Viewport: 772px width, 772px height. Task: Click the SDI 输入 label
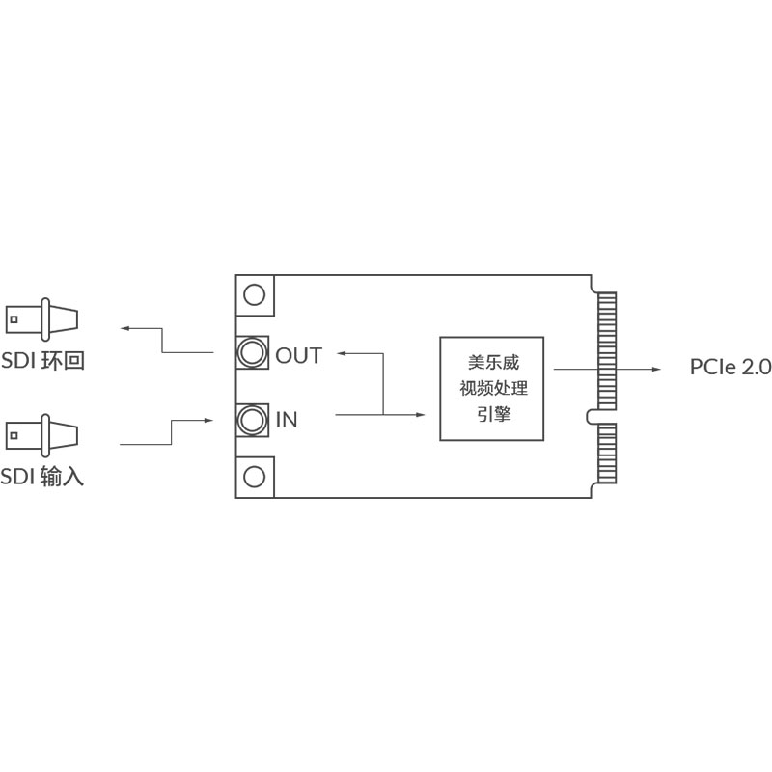pos(42,476)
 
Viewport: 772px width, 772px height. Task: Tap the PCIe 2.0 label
pos(731,367)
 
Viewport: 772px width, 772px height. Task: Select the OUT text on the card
pos(298,355)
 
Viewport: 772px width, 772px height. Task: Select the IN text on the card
pos(287,420)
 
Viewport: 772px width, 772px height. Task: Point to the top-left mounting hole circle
pos(255,294)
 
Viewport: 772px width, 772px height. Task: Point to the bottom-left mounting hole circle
pos(255,477)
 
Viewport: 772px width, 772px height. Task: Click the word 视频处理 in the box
pos(492,389)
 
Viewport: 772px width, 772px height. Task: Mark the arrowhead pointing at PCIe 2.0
pos(654,368)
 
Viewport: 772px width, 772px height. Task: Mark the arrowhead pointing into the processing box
pos(422,414)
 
